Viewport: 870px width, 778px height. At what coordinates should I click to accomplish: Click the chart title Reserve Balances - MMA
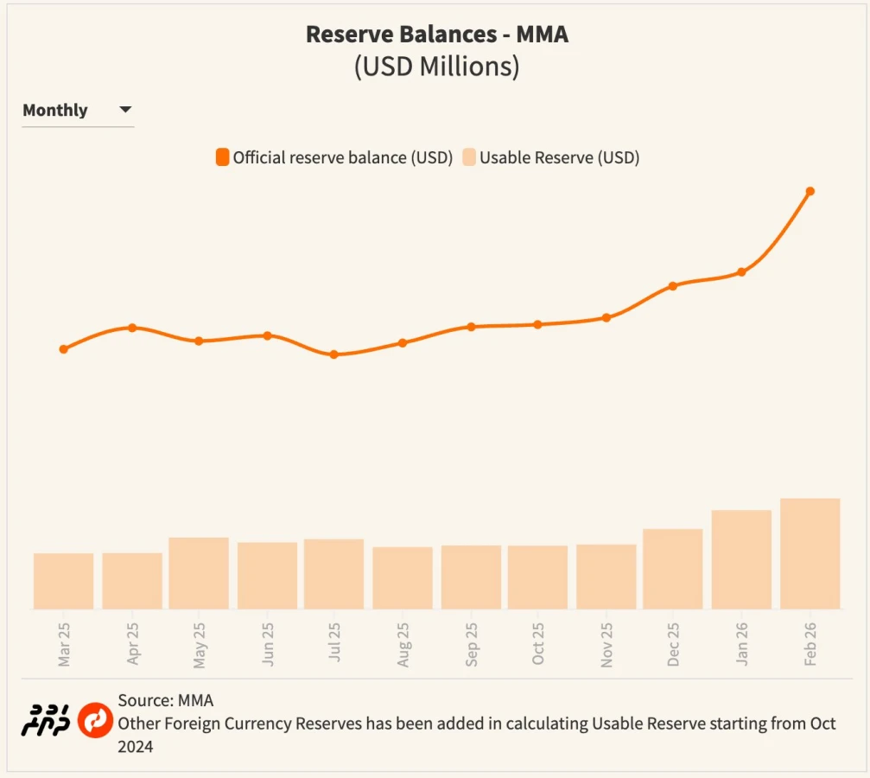click(436, 35)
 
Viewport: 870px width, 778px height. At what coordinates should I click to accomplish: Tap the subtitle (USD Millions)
click(436, 67)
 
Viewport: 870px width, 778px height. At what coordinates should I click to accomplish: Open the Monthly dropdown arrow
click(125, 110)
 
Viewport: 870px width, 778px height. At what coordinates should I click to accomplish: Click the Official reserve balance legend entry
click(334, 157)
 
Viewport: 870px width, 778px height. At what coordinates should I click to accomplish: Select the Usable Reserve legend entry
click(550, 157)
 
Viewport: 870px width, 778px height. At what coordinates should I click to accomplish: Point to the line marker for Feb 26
click(810, 191)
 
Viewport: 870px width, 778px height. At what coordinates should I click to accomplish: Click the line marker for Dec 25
click(673, 286)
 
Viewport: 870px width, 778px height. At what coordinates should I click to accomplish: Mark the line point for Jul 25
click(334, 354)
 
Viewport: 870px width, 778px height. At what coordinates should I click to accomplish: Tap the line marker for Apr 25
click(132, 328)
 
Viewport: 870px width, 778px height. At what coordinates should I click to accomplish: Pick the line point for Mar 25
click(64, 349)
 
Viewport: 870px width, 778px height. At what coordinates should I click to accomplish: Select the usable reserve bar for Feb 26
click(810, 554)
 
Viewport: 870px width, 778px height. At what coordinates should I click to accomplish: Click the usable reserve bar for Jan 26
click(741, 560)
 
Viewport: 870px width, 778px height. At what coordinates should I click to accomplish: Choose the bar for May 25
click(199, 573)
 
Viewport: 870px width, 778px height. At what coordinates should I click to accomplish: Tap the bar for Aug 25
click(403, 578)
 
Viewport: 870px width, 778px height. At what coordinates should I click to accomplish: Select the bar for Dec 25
click(673, 569)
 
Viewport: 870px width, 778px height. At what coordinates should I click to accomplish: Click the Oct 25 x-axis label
click(538, 644)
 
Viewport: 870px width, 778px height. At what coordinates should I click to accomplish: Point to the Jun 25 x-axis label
click(267, 644)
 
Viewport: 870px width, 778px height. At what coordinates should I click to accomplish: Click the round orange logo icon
click(95, 720)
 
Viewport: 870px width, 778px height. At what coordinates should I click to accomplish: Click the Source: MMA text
click(166, 700)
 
